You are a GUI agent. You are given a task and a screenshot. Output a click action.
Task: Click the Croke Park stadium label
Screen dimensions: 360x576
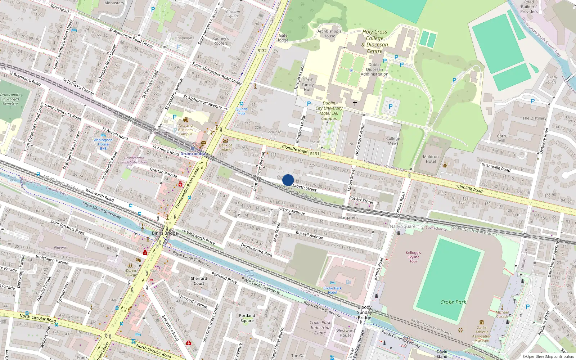453,302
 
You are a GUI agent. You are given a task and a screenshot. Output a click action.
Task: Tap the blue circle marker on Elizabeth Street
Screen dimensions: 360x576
288,180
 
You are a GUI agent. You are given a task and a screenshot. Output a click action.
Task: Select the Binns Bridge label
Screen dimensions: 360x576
165,233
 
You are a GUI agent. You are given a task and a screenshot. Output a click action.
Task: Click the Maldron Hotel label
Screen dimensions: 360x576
431,159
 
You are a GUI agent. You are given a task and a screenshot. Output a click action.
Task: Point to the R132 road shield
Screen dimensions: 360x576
262,51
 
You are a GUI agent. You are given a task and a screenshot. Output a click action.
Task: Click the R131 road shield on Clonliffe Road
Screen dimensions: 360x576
315,154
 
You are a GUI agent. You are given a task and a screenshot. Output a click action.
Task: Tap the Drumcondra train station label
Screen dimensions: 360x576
193,154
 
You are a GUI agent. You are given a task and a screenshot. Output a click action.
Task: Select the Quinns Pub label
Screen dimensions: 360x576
242,111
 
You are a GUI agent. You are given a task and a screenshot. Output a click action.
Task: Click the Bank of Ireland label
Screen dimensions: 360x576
226,147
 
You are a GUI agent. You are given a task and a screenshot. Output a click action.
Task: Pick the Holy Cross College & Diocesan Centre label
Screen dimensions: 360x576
375,41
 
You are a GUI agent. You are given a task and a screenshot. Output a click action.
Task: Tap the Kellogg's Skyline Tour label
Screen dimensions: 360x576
413,257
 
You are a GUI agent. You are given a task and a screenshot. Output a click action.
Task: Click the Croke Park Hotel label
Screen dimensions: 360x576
333,290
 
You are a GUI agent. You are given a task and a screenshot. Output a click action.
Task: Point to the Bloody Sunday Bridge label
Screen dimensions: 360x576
364,312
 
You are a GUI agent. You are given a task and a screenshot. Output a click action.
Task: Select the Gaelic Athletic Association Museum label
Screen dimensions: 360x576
482,334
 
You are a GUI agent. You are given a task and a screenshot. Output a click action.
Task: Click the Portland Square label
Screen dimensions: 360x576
247,318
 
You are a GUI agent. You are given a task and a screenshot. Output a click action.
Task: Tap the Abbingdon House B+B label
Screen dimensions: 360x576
103,144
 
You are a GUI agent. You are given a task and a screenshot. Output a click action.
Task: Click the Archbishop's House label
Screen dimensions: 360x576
329,33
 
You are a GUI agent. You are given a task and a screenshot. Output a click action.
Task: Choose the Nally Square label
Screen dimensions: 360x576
402,226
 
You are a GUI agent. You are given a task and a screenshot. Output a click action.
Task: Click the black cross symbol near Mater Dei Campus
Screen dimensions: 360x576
355,103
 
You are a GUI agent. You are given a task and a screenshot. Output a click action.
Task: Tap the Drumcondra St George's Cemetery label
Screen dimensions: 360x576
10,99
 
